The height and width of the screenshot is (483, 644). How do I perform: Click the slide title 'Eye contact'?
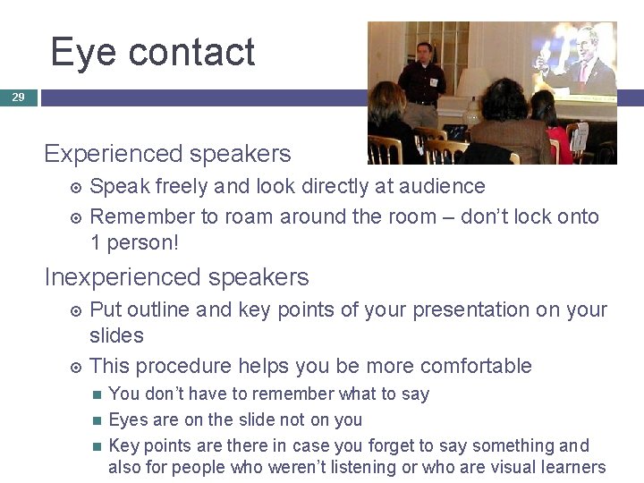(153, 52)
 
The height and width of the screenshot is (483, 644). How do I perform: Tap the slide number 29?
(18, 97)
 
